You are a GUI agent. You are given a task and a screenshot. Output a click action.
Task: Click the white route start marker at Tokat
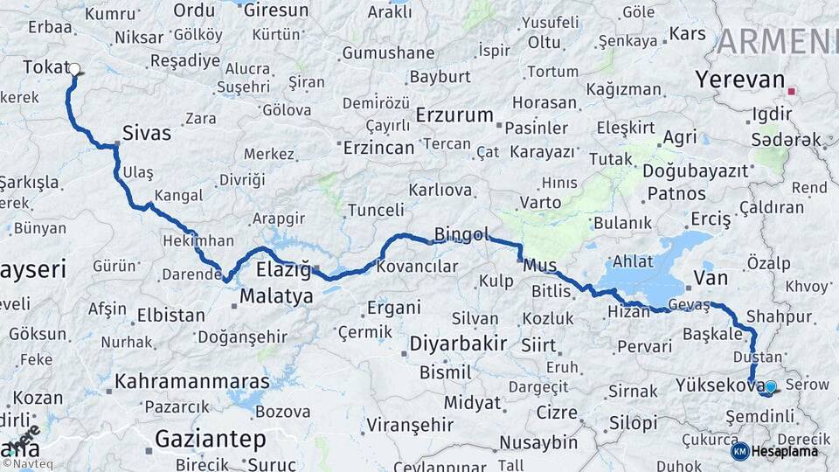tap(74, 69)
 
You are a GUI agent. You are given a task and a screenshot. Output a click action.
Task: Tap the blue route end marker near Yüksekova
tap(771, 385)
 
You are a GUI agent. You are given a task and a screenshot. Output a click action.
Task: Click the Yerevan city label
tap(740, 80)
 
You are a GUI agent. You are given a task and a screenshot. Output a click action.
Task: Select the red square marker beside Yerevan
tap(792, 91)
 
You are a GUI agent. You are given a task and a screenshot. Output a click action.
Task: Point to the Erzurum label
tap(454, 115)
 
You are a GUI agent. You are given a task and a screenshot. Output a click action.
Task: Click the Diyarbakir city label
tap(458, 343)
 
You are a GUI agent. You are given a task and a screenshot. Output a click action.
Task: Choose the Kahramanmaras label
tap(192, 382)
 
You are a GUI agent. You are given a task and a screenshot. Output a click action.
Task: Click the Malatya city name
tap(276, 296)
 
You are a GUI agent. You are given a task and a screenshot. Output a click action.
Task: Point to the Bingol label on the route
tap(458, 234)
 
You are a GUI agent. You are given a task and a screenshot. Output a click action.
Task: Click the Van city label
tap(710, 279)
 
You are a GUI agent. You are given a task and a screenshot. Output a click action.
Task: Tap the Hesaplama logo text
tap(786, 451)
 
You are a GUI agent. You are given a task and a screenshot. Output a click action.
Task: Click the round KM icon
tap(739, 451)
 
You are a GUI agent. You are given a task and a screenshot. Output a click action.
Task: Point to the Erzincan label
tap(378, 148)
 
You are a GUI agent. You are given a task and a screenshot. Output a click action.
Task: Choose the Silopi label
tap(634, 424)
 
